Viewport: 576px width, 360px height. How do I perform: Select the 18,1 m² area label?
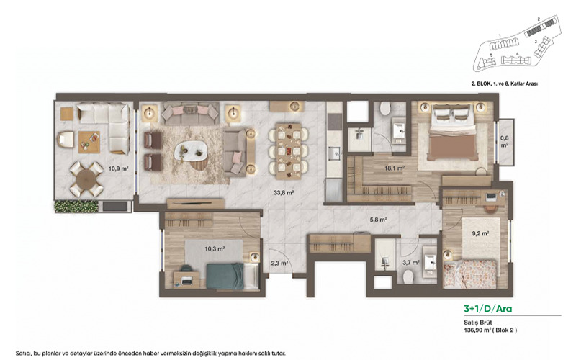click(x=395, y=168)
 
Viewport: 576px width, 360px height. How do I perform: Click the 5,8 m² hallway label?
click(x=379, y=220)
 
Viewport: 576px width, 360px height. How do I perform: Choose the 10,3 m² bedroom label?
click(x=193, y=248)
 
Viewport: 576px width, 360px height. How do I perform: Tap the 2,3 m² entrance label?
click(x=279, y=264)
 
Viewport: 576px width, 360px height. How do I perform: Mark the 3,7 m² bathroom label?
click(x=410, y=264)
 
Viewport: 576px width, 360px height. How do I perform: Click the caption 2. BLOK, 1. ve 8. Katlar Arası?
click(x=504, y=84)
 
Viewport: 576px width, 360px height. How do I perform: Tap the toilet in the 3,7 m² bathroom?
click(x=408, y=276)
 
